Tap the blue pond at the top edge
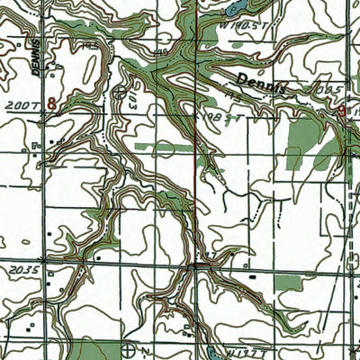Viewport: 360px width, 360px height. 237,8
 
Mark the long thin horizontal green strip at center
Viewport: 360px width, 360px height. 166,144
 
